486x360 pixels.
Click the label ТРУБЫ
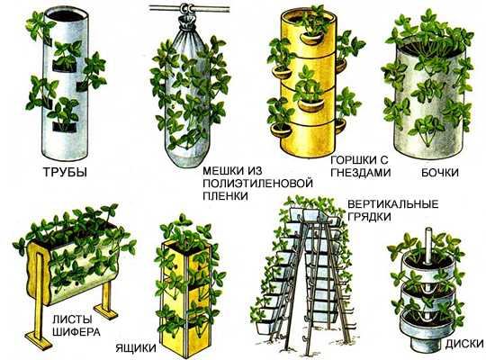(65, 172)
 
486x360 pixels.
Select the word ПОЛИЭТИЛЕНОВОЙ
(257, 184)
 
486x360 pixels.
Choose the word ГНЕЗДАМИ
(360, 173)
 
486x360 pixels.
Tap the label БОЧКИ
(440, 173)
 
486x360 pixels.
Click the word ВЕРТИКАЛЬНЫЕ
(393, 204)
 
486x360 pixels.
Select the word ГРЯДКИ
(369, 217)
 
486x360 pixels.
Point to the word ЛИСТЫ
(72, 319)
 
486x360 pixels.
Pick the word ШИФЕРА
(76, 332)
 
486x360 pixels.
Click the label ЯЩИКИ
(136, 348)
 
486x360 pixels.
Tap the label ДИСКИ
(464, 344)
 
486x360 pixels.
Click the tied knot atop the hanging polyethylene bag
(187, 22)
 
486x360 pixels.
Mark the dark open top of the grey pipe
(66, 14)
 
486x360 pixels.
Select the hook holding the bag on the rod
(187, 9)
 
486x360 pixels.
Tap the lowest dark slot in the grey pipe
(65, 127)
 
